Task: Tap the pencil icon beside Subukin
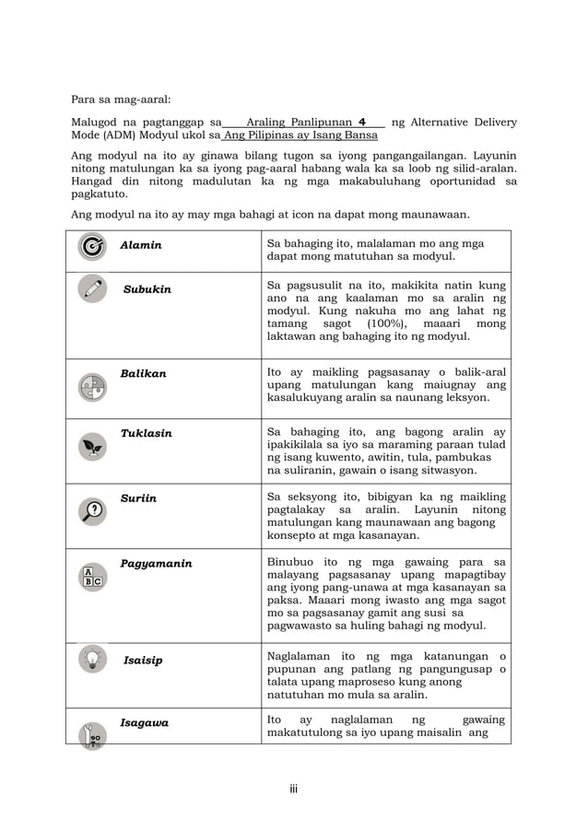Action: [x=92, y=288]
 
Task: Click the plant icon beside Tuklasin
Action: [x=92, y=447]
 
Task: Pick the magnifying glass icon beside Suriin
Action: [x=92, y=510]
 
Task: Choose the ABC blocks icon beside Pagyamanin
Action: [x=92, y=576]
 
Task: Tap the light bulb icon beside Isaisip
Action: [x=92, y=659]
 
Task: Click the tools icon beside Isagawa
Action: [x=93, y=733]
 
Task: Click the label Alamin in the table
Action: [x=141, y=245]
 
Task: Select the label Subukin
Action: [x=147, y=289]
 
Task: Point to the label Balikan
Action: [x=143, y=373]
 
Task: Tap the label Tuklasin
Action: [x=146, y=433]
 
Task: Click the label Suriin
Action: [x=138, y=498]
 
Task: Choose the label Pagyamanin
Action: [x=156, y=564]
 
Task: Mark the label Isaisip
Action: [x=143, y=660]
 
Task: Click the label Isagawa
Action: [x=144, y=723]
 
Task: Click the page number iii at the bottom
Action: [x=293, y=789]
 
